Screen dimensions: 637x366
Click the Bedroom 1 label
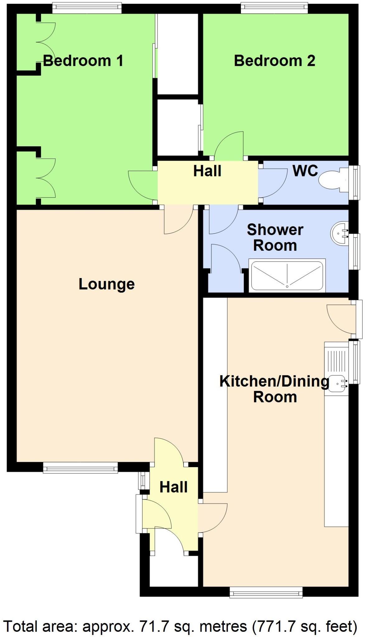coord(83,60)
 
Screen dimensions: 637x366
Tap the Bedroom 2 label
coord(274,60)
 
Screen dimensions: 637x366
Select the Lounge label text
coord(106,284)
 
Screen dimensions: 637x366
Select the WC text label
coord(305,170)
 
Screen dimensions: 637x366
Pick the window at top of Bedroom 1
coord(87,8)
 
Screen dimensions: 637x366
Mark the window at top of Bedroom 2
coord(274,8)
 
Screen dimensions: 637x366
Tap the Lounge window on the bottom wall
coord(80,467)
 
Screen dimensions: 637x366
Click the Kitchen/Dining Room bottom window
coord(266,592)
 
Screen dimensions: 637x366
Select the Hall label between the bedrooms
coord(207,171)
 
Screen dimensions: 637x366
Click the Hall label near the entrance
coord(173,487)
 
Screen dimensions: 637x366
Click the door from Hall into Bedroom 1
coord(142,185)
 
